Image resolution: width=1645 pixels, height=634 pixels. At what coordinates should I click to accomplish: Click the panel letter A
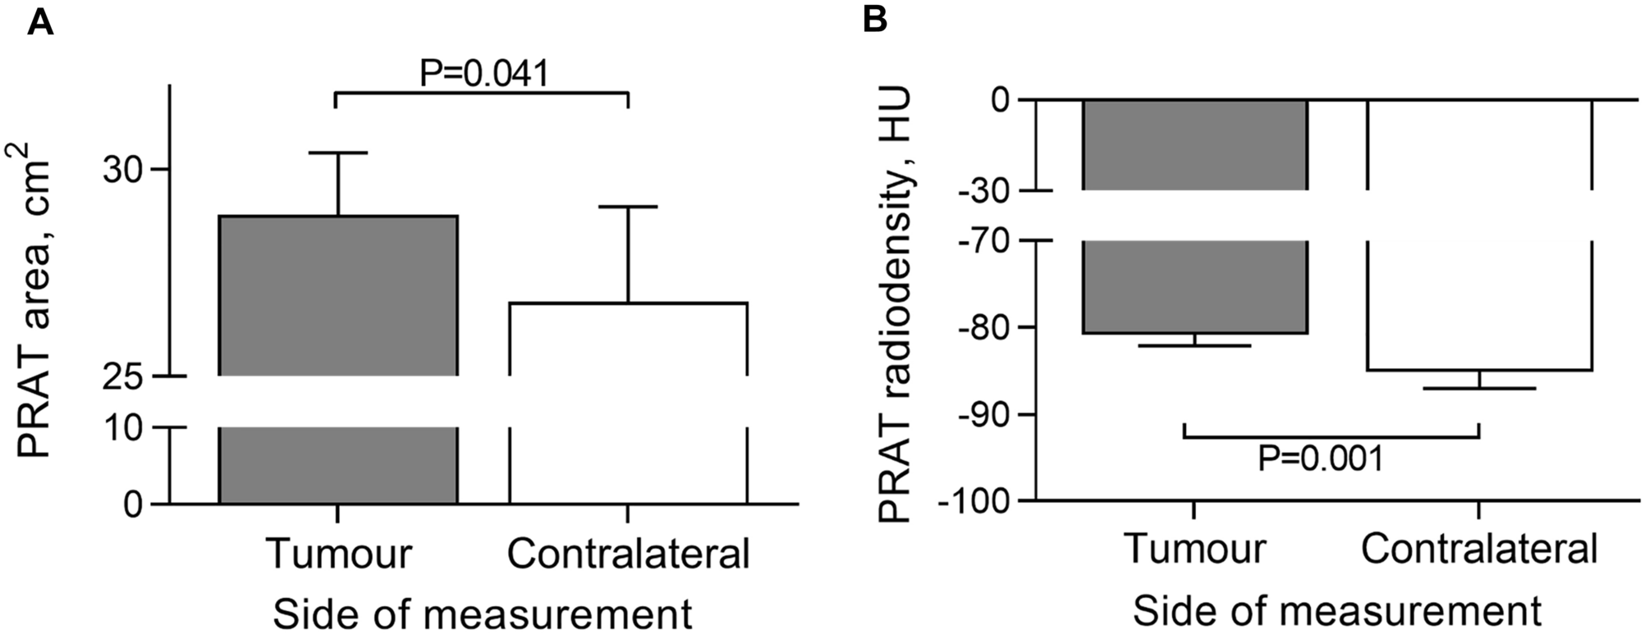40,22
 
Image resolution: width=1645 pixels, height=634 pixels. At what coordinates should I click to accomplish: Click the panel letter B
875,20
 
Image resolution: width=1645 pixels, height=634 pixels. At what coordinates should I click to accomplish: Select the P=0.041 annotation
483,73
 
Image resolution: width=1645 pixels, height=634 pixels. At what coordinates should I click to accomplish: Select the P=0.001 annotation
1320,458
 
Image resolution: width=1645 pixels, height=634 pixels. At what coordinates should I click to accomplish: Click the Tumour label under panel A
338,554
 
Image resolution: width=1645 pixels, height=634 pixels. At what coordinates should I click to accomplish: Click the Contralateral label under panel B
1479,549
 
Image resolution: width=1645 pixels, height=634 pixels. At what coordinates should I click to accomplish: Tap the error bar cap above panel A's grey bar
338,153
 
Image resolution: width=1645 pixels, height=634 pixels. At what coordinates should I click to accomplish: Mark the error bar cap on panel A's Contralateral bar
628,207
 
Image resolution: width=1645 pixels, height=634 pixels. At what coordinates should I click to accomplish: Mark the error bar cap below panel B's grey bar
1194,345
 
